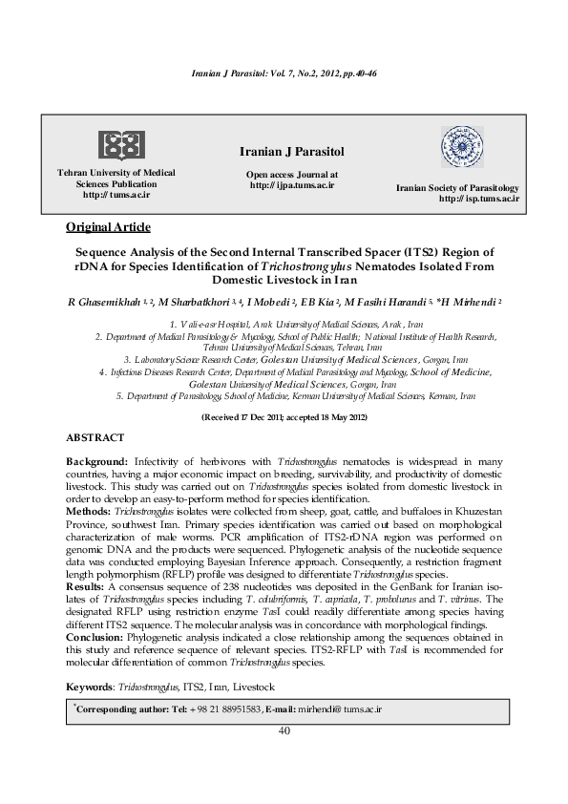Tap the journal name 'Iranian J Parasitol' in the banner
click(x=292, y=153)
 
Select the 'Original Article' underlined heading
click(x=102, y=226)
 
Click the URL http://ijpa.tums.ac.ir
click(x=292, y=185)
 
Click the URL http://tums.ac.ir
click(x=116, y=194)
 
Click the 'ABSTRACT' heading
click(x=95, y=436)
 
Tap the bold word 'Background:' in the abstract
click(x=97, y=460)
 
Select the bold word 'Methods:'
click(x=89, y=510)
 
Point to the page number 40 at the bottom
click(x=284, y=730)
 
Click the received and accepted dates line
click(x=284, y=418)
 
